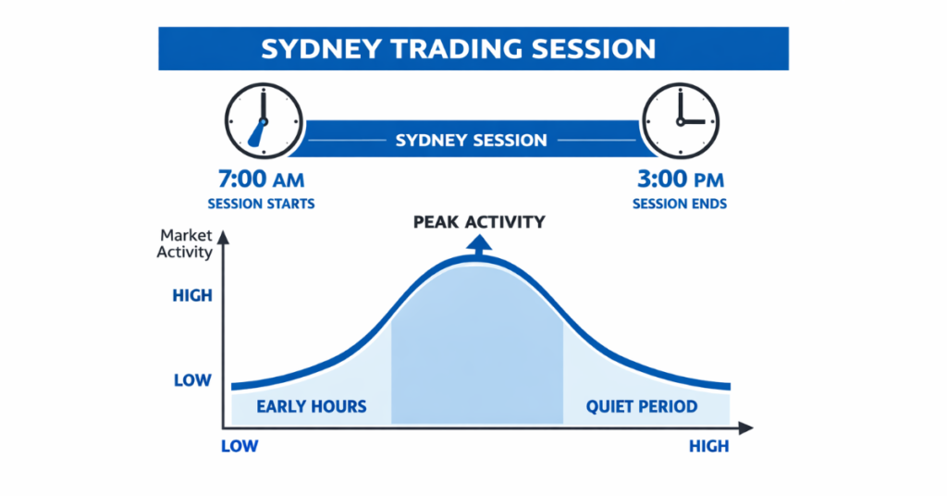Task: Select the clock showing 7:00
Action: point(264,121)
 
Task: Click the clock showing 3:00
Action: point(681,121)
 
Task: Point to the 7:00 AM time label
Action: point(260,179)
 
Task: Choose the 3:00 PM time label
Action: point(679,179)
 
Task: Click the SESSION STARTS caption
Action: point(261,204)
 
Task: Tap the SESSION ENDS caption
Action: point(679,204)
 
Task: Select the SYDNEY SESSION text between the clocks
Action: point(472,141)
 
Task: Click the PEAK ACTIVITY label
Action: point(479,222)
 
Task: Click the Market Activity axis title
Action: point(186,243)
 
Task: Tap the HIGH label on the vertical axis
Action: point(192,296)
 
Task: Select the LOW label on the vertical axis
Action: point(192,379)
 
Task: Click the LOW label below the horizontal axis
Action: point(240,446)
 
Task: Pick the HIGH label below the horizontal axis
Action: point(708,446)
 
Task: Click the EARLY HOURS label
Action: point(312,406)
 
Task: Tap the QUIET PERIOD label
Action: point(642,406)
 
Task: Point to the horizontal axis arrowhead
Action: point(746,428)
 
